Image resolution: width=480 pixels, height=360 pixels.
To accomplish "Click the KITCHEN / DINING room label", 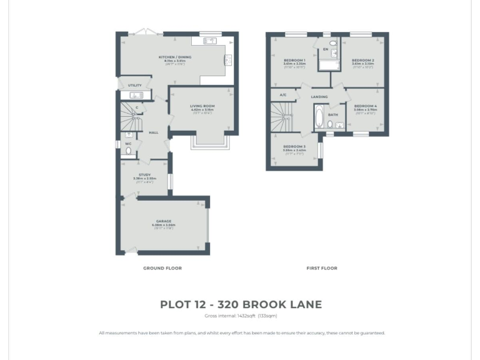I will (x=174, y=57).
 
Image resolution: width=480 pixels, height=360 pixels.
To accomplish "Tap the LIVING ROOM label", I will (x=202, y=106).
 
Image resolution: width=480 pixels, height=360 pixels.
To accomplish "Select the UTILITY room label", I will (x=134, y=85).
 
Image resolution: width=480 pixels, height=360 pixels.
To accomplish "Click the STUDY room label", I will (x=144, y=175).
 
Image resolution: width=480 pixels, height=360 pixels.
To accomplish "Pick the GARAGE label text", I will (x=163, y=221).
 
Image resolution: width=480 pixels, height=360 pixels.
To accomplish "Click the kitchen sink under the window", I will (x=209, y=41).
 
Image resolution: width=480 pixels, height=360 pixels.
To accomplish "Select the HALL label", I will (x=153, y=132).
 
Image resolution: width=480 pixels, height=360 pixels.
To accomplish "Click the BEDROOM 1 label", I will (x=294, y=60).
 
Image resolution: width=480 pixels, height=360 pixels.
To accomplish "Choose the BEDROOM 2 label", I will (x=362, y=60).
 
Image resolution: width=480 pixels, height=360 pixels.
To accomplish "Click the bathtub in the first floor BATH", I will (x=319, y=117).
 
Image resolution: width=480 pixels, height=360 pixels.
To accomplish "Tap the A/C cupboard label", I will (x=283, y=95).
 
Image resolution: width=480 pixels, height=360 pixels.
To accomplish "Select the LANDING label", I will (x=319, y=97).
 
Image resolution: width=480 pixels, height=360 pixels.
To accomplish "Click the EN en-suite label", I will (x=325, y=49).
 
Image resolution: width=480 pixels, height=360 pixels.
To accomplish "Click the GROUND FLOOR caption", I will (x=162, y=268).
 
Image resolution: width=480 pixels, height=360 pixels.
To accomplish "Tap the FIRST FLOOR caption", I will (x=321, y=268).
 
